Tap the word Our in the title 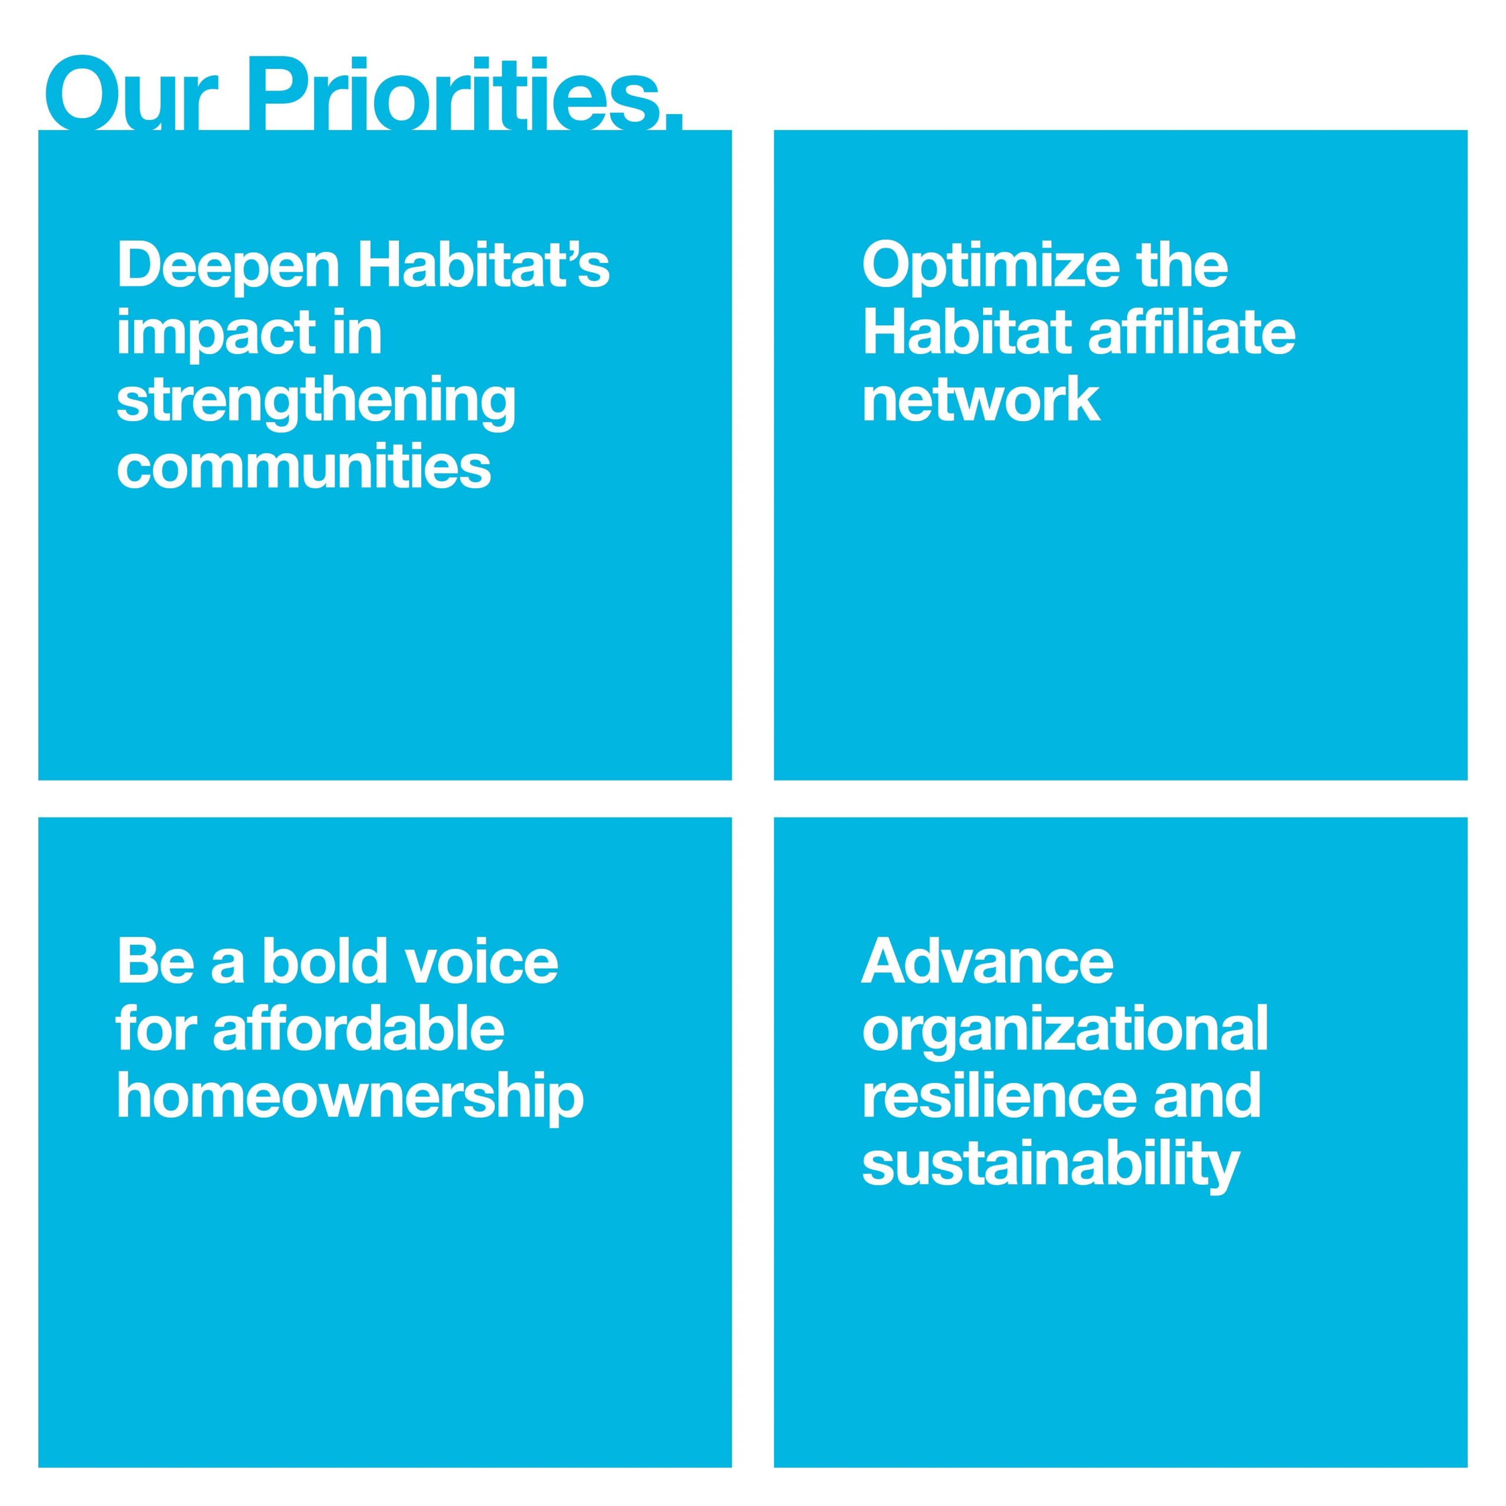pyautogui.click(x=129, y=94)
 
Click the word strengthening pyautogui.click(x=316, y=401)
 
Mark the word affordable pyautogui.click(x=359, y=1028)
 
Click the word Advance pyautogui.click(x=988, y=961)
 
